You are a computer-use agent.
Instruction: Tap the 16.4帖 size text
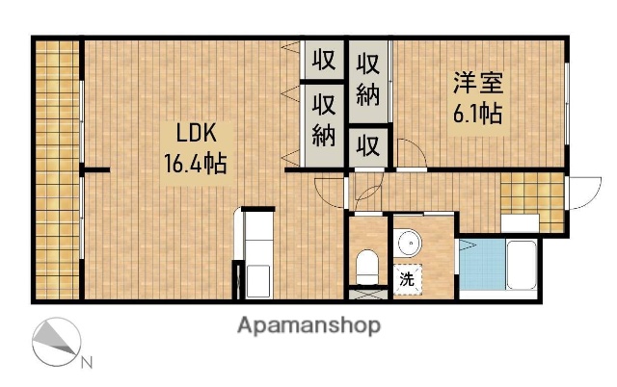pyautogui.click(x=195, y=164)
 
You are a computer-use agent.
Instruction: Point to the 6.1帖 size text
pyautogui.click(x=477, y=114)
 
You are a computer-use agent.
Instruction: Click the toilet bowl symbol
pyautogui.click(x=367, y=263)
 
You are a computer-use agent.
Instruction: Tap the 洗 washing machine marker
pyautogui.click(x=409, y=280)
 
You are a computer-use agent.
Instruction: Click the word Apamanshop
pyautogui.click(x=308, y=325)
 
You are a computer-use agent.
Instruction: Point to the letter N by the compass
pyautogui.click(x=86, y=362)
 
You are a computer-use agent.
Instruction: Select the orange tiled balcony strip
pyautogui.click(x=58, y=168)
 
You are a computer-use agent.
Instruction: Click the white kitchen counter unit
pyautogui.click(x=258, y=254)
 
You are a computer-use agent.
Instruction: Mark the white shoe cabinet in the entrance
pyautogui.click(x=520, y=222)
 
